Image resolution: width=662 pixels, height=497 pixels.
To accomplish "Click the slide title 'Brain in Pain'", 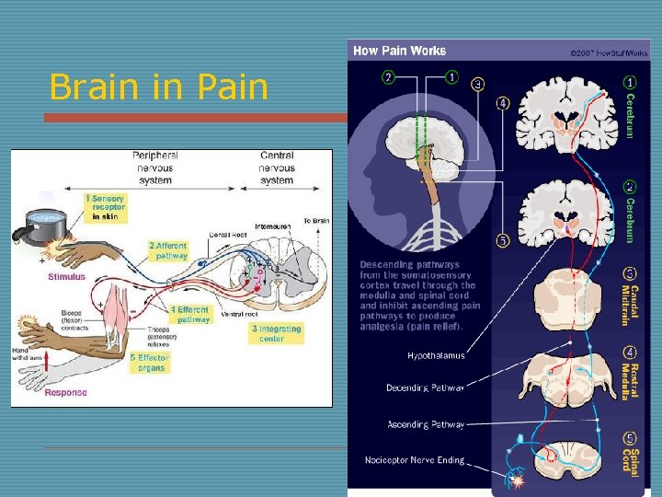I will pos(159,87).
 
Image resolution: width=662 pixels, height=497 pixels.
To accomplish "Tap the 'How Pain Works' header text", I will pos(400,51).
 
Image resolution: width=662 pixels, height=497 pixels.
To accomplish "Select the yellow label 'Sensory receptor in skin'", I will pos(106,207).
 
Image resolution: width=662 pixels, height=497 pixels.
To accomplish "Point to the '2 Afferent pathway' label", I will pos(170,250).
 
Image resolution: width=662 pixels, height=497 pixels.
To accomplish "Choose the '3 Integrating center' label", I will pos(276,333).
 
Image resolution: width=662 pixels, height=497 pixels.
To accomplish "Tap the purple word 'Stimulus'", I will pos(66,276).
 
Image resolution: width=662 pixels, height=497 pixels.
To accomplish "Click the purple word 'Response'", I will pos(66,392).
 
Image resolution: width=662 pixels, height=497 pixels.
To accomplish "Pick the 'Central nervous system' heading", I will pos(277,167).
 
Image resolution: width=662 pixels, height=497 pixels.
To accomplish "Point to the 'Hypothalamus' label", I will pos(436,354).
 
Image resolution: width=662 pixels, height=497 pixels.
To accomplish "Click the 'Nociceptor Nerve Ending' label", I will pos(415,459).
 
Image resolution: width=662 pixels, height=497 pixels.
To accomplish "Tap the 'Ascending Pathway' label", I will pos(426,424).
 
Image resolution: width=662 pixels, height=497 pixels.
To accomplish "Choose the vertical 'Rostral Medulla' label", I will pos(629,374).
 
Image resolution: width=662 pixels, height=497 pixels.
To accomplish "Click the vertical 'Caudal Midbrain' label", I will pos(629,295).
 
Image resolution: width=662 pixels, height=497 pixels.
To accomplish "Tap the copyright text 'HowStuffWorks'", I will pos(622,52).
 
